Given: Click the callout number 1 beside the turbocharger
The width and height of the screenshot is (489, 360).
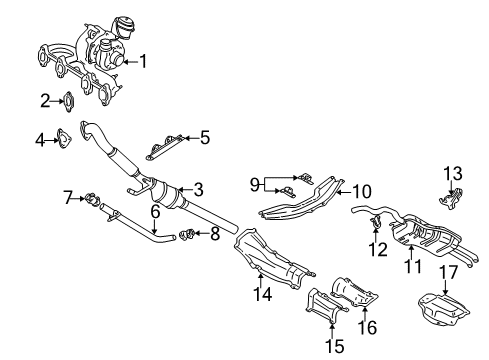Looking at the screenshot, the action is (143, 61).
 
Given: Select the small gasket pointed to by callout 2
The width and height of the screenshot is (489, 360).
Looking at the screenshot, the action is (68, 101).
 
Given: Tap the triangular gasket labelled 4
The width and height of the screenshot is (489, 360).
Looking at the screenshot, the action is (63, 138).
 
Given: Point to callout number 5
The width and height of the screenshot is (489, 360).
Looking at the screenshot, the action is (205, 138).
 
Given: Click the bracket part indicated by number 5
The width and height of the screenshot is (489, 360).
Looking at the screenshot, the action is (165, 147).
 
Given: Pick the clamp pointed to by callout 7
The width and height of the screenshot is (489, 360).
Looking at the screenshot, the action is (92, 199).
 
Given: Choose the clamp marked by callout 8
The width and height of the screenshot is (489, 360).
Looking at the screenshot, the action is (187, 234).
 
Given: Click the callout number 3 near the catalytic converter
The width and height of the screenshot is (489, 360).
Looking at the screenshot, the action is (198, 190).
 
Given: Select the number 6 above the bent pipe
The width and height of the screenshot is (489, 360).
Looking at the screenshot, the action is (155, 211).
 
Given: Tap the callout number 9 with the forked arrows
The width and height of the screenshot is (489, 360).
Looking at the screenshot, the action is (255, 184).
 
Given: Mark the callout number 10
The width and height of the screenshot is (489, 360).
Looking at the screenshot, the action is (362, 192).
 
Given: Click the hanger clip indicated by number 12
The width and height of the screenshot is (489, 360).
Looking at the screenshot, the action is (376, 223).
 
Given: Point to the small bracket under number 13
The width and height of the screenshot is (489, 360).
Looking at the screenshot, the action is (451, 200).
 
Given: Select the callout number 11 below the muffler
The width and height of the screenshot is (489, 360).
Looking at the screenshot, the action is (413, 266).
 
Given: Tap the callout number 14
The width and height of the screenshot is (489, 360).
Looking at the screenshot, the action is (263, 294).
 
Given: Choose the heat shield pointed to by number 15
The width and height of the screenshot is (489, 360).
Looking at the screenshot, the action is (325, 305).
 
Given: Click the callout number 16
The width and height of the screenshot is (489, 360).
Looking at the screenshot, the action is (367, 327).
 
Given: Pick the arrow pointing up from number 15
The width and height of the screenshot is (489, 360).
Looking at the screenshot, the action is (332, 330).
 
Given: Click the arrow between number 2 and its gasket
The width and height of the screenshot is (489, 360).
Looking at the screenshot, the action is (57, 101).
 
